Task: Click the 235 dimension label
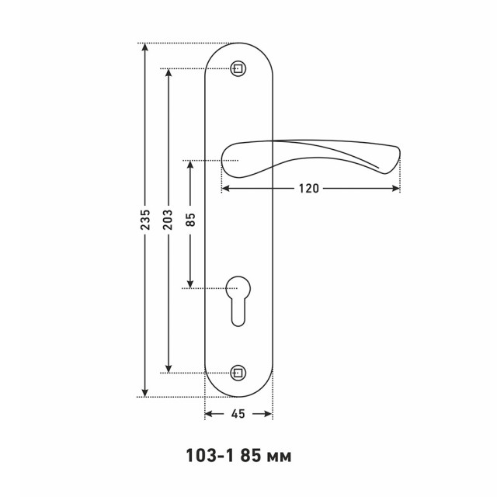click(x=145, y=219)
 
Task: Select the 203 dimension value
click(x=168, y=219)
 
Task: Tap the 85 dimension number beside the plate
click(x=190, y=219)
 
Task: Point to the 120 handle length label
click(x=309, y=189)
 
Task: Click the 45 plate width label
click(x=238, y=414)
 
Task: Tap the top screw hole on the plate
click(x=238, y=69)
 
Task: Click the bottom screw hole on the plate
click(x=238, y=373)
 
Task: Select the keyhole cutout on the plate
click(x=238, y=301)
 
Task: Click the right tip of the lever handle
click(x=400, y=153)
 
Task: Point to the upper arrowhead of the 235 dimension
click(x=145, y=47)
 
